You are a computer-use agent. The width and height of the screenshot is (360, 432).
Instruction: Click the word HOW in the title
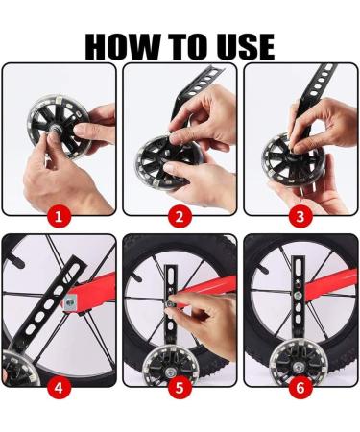click(123, 46)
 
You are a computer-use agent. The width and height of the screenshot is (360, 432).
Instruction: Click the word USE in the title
click(245, 46)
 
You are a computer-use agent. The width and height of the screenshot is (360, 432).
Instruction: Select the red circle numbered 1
click(59, 217)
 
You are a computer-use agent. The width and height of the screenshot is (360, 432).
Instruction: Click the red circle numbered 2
click(180, 217)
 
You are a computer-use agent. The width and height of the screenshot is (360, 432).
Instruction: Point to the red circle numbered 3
click(300, 217)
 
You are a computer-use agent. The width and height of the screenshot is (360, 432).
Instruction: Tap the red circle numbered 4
click(59, 388)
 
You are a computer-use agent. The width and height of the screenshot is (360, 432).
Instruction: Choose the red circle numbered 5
click(180, 388)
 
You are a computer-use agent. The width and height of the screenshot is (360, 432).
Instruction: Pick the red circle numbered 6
click(300, 388)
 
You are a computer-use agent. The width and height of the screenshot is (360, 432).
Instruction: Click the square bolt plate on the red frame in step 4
click(69, 301)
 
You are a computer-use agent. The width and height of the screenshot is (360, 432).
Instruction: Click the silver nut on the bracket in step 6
click(298, 295)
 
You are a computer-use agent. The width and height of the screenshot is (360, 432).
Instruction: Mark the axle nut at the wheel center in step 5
click(169, 372)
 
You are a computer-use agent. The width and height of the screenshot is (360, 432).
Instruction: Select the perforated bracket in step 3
click(315, 96)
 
